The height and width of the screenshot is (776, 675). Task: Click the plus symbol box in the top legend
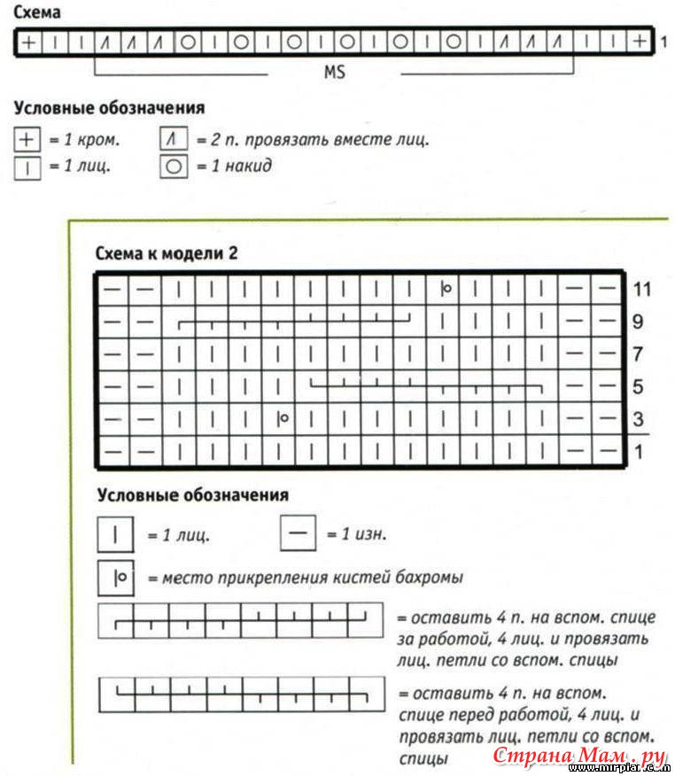click(27, 139)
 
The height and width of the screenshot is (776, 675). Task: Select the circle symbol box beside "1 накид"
click(174, 166)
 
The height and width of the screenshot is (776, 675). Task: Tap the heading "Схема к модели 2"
click(167, 253)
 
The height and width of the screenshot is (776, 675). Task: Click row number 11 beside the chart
click(642, 290)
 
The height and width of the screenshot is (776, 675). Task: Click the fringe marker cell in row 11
click(445, 289)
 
